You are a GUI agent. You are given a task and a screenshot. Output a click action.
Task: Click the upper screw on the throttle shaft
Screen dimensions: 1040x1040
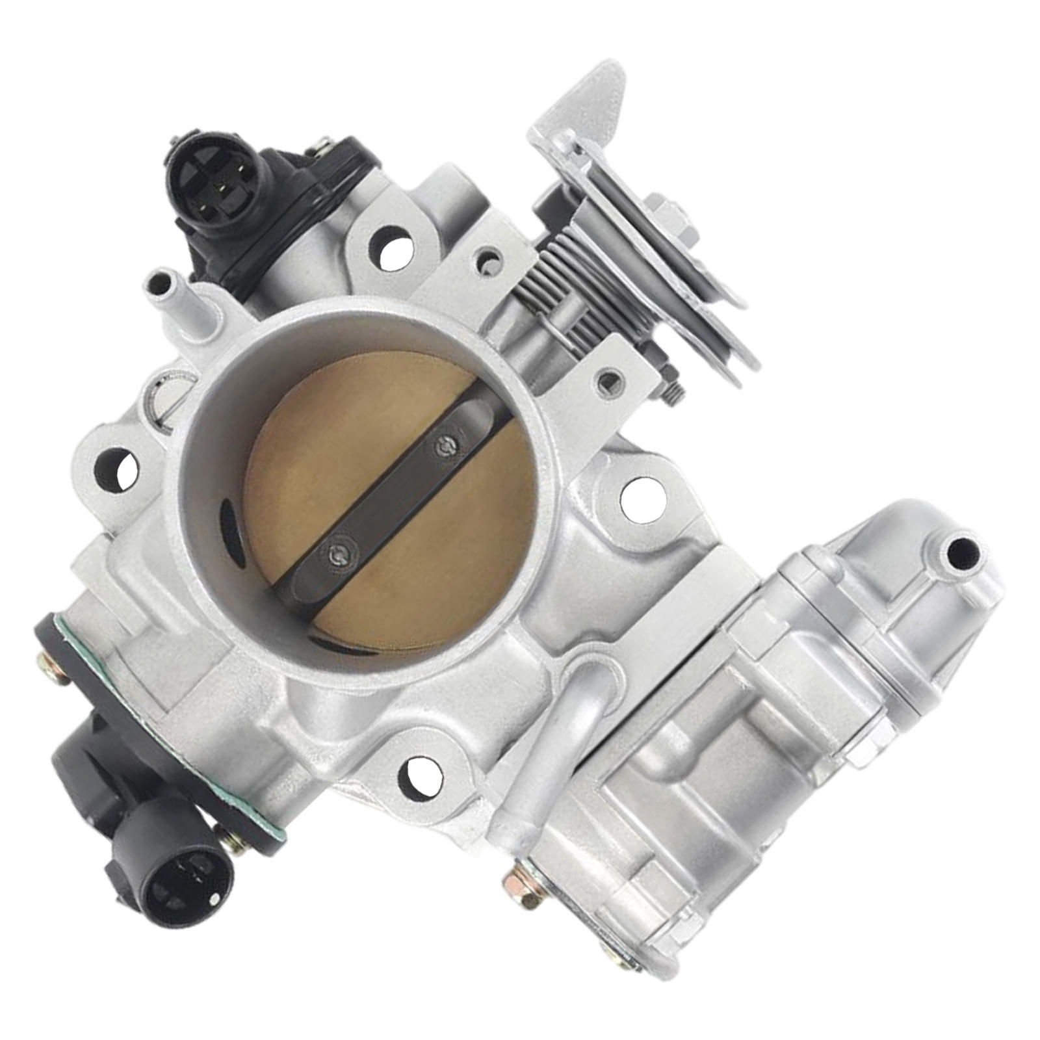446,445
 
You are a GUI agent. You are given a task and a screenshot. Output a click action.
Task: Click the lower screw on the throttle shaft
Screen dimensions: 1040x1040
337,554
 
